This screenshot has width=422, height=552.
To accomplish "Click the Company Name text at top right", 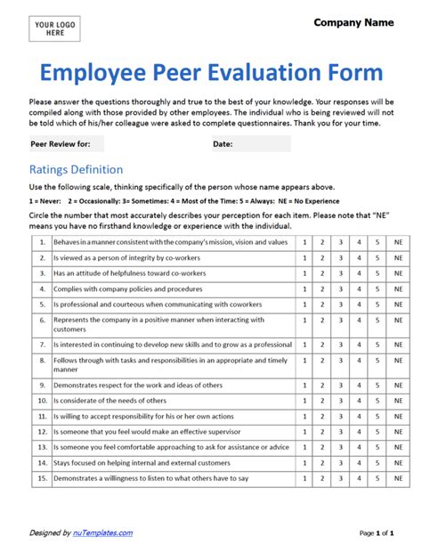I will pyautogui.click(x=353, y=22).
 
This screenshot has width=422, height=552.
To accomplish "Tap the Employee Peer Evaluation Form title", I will pyautogui.click(x=211, y=73).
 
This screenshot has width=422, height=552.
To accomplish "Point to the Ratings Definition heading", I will pyautogui.click(x=77, y=169).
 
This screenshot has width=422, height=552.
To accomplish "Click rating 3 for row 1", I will pyautogui.click(x=340, y=242).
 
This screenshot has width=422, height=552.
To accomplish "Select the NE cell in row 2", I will pyautogui.click(x=398, y=258).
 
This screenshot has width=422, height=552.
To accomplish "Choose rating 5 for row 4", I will pyautogui.click(x=378, y=289).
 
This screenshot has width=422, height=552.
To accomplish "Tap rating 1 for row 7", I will pyautogui.click(x=303, y=344).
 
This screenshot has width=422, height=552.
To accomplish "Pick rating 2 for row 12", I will pyautogui.click(x=321, y=432).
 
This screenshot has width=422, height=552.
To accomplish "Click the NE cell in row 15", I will pyautogui.click(x=398, y=478).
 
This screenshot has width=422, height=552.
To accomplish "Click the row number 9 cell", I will pyautogui.click(x=41, y=386).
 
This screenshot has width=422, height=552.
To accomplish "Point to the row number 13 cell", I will pyautogui.click(x=41, y=447).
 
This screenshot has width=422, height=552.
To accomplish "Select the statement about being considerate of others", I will pyautogui.click(x=110, y=401).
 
